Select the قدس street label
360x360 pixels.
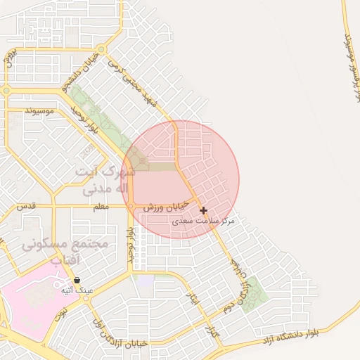[26, 206]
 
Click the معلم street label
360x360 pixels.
[101, 207]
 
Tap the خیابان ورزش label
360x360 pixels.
[167, 206]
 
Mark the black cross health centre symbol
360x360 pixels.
[203, 210]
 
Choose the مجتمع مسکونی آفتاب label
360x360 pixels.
[65, 251]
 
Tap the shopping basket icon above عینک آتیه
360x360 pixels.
[77, 281]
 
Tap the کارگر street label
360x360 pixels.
[209, 331]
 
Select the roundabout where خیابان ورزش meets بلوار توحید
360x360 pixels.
[131, 205]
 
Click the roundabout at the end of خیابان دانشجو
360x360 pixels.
[103, 50]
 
